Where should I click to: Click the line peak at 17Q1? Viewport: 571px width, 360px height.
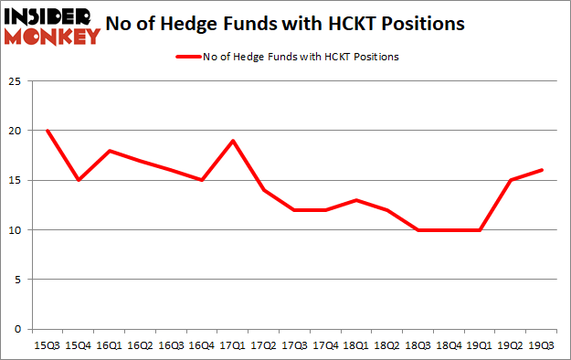(233, 141)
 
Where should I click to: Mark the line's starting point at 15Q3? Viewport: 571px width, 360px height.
(47, 131)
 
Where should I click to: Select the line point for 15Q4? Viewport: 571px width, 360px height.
(78, 180)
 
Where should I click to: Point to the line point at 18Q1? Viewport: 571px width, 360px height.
(357, 200)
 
